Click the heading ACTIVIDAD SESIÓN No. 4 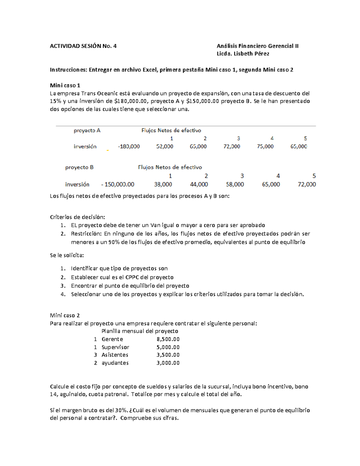pyautogui.click(x=83, y=46)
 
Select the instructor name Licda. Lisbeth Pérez pyautogui.click(x=243, y=54)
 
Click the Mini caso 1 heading pyautogui.click(x=65, y=86)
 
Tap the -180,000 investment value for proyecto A pyautogui.click(x=129, y=146)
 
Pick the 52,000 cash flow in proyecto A pyautogui.click(x=165, y=146)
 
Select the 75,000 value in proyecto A pyautogui.click(x=265, y=146)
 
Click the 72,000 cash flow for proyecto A pyautogui.click(x=232, y=146)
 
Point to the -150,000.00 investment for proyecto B pyautogui.click(x=118, y=184)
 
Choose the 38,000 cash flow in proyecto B pyautogui.click(x=163, y=184)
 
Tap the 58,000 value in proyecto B pyautogui.click(x=235, y=184)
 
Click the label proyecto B pyautogui.click(x=79, y=167)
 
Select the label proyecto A pyautogui.click(x=87, y=131)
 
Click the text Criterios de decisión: pyautogui.click(x=77, y=217)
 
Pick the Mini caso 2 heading pyautogui.click(x=65, y=315)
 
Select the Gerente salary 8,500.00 pyautogui.click(x=168, y=339)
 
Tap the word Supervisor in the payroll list pyautogui.click(x=115, y=347)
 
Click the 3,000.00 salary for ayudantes pyautogui.click(x=168, y=363)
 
